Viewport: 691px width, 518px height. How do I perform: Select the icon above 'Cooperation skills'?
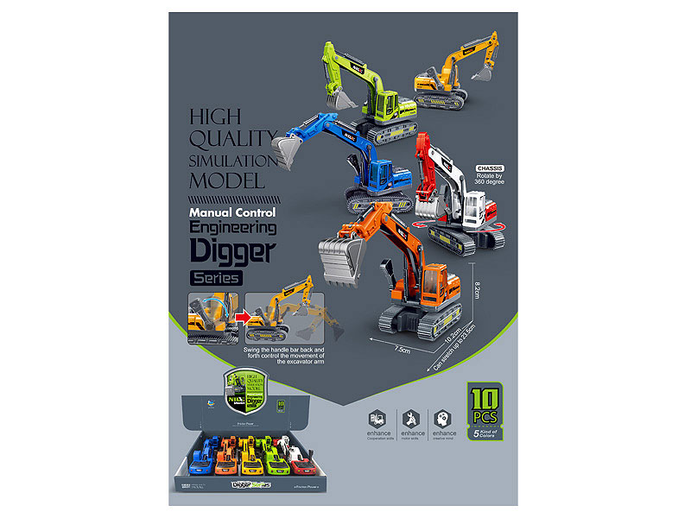point(378,416)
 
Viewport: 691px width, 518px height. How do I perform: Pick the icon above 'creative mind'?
point(444,416)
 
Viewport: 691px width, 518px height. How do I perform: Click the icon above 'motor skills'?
point(411,416)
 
